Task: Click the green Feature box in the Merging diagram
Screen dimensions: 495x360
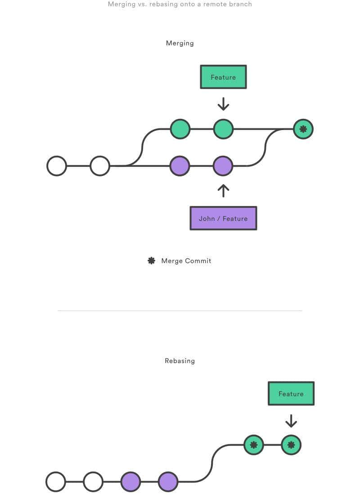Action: pos(223,77)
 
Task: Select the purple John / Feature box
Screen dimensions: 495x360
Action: pos(223,218)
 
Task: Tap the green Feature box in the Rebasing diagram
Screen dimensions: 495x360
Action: pos(291,394)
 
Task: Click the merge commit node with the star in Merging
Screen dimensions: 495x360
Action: pos(303,129)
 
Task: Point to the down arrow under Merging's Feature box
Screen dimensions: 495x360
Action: pos(223,104)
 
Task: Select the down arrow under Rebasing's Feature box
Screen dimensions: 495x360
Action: pos(291,421)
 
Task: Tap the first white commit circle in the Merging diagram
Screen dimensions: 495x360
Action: pos(57,166)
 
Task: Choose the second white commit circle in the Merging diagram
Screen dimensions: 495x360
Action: pos(100,166)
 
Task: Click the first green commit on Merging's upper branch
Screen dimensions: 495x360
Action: pos(180,129)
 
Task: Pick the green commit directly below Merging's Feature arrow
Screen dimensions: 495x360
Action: pos(223,129)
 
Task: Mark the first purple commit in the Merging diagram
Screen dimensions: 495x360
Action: pos(180,166)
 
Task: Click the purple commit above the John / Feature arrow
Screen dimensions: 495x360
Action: pos(223,166)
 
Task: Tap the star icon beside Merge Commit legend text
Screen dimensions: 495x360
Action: pos(152,261)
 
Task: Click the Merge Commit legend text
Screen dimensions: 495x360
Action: pos(186,261)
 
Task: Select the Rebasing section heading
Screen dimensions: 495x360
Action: pos(180,361)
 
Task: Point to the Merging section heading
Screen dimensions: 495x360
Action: pos(180,43)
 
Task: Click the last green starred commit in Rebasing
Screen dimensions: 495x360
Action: pos(291,445)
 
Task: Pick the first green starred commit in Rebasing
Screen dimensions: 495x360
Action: pos(254,445)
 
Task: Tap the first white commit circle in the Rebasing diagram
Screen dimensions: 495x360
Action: pos(56,481)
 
